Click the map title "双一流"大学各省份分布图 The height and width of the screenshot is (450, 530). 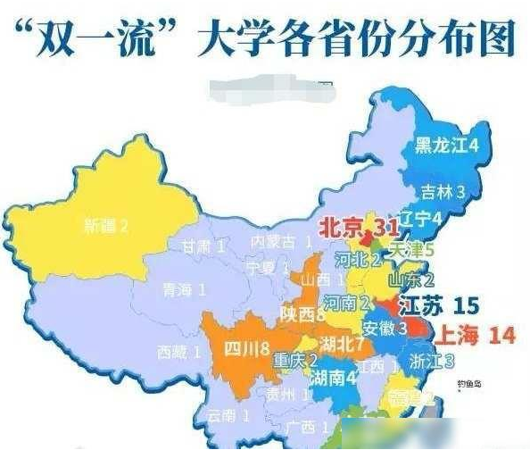(x=265, y=40)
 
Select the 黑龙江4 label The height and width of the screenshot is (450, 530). (x=448, y=146)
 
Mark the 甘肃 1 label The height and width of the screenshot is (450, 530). (x=201, y=247)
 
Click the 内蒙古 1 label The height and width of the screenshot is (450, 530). (x=281, y=242)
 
